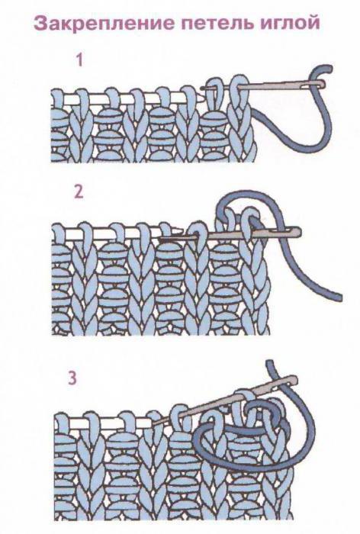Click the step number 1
79,60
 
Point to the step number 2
79,192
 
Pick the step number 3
72,378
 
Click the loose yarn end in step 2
338,297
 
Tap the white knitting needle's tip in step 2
178,230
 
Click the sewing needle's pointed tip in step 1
201,88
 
